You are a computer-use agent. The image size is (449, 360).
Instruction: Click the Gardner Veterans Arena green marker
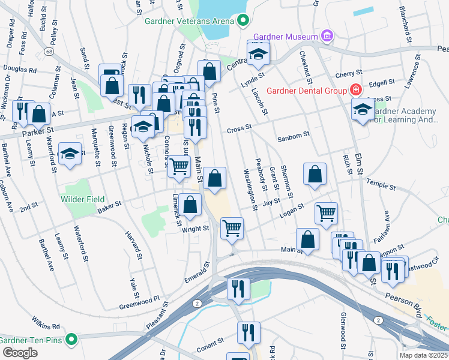point(243,21)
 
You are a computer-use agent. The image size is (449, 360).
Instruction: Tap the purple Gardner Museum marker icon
point(327,37)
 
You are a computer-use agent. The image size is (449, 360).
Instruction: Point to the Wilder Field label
point(82,199)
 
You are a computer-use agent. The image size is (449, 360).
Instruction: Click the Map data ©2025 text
point(424,355)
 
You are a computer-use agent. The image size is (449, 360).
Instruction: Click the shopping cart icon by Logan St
point(326,212)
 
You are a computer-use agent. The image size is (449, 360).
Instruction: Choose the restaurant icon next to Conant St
point(247,332)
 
